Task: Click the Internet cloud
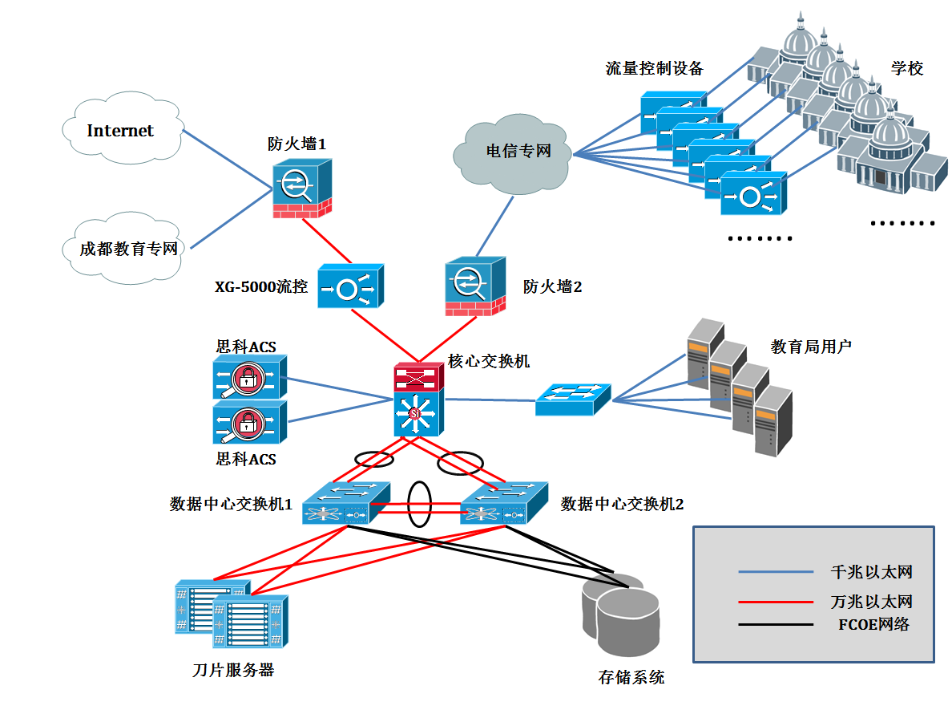(120, 131)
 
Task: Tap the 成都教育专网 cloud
(128, 249)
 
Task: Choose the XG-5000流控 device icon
(350, 287)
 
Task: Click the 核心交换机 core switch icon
(418, 400)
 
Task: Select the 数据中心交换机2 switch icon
(504, 503)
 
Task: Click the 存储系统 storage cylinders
(623, 614)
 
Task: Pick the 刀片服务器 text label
(233, 670)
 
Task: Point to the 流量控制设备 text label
(654, 68)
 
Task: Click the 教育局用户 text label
(811, 347)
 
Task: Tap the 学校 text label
(907, 68)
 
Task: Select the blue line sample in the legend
(776, 572)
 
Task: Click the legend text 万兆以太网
(872, 601)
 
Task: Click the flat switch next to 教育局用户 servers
(573, 399)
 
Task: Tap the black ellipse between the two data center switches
(419, 504)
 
